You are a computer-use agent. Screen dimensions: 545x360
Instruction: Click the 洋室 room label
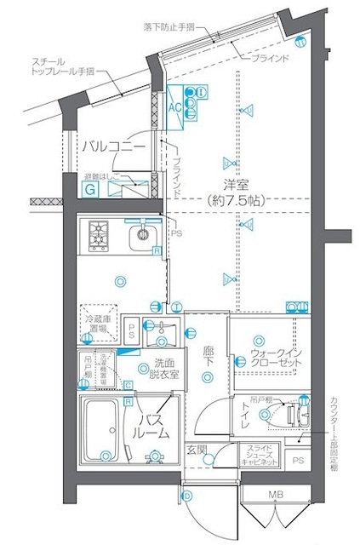(236, 185)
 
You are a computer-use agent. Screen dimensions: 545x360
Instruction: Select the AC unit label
(174, 108)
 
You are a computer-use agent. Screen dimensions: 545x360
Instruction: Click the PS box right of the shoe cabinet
(296, 461)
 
